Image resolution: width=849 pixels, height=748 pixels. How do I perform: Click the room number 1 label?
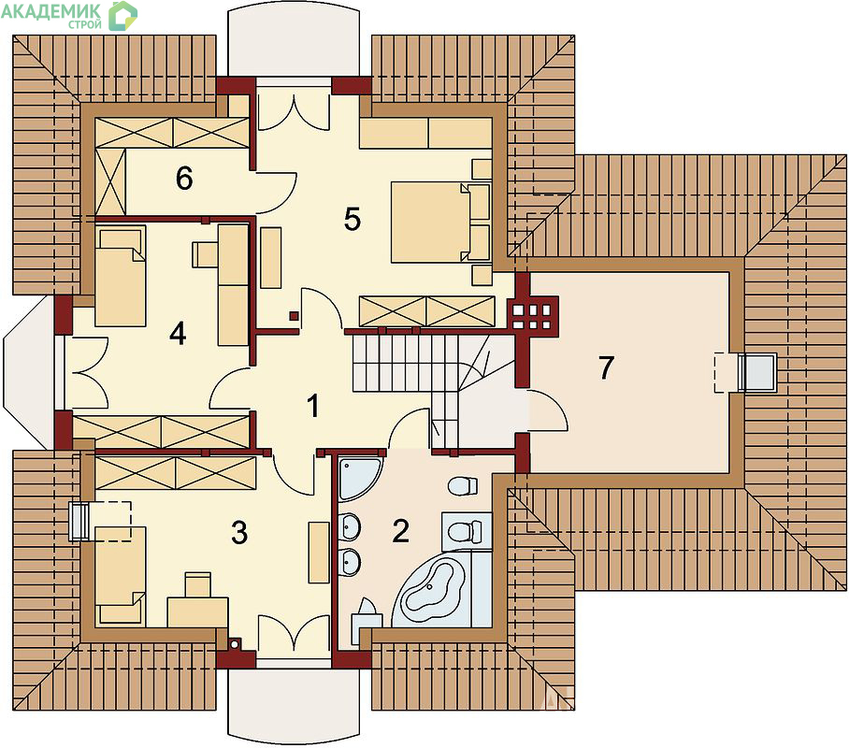(313, 406)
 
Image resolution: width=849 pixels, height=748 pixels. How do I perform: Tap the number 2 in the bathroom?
(401, 531)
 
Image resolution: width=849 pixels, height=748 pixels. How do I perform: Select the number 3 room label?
(239, 532)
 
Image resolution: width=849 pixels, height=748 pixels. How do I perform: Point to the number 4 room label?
(178, 333)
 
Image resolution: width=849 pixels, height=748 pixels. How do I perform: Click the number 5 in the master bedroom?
(352, 220)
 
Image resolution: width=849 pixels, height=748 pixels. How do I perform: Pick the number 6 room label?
(184, 179)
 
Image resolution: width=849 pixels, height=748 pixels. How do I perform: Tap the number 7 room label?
(607, 367)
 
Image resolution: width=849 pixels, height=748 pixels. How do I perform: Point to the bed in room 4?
(121, 276)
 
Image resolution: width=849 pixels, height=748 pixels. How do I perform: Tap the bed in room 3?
(121, 575)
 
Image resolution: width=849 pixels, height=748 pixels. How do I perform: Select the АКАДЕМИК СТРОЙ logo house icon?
(122, 16)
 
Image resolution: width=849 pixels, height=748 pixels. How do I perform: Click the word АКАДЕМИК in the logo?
(50, 11)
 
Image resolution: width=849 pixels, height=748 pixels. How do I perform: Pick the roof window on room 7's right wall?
(758, 371)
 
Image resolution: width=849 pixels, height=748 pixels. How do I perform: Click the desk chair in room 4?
(205, 254)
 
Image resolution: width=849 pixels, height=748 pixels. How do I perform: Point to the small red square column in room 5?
(294, 315)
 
